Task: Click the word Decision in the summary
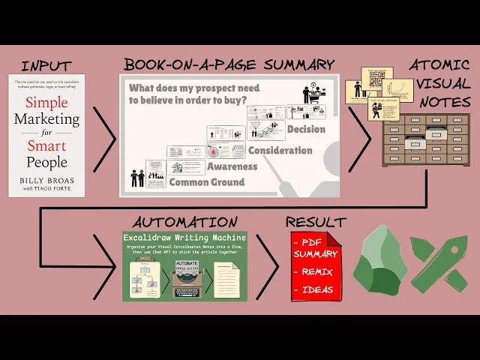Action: pos(306,130)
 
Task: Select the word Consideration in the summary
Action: pos(280,150)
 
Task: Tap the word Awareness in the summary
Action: pos(232,166)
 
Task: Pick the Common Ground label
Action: pos(206,182)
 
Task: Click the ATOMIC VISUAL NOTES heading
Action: pos(440,83)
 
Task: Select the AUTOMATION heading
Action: pos(184,222)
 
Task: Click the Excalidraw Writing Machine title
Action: pos(184,238)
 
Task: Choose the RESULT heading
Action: pos(316,222)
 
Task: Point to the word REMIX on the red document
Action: pos(318,272)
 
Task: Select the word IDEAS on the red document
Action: pos(317,289)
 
